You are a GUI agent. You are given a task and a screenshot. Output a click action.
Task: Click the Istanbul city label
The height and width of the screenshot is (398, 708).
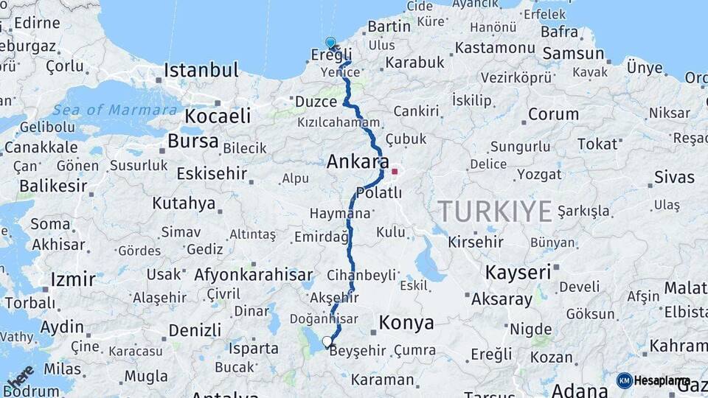coord(201,71)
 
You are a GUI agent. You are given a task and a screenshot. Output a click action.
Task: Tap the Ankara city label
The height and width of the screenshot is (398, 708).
coord(358,161)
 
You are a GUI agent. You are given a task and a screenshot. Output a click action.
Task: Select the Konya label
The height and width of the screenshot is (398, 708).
coord(406,322)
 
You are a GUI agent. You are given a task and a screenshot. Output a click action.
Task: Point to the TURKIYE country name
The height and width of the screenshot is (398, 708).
coord(495,212)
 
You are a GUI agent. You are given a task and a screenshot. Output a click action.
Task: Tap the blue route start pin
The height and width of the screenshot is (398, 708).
coord(330,43)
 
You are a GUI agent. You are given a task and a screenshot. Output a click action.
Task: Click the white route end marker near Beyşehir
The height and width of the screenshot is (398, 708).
coord(327,341)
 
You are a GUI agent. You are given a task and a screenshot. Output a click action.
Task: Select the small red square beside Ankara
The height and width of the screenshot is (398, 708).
coord(395,172)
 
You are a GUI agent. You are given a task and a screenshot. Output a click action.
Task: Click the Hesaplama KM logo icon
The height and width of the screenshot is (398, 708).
coord(624,380)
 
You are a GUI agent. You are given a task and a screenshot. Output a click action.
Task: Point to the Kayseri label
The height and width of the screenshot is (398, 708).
coord(518,272)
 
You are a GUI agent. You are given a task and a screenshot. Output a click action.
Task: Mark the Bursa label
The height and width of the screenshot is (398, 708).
coord(193,141)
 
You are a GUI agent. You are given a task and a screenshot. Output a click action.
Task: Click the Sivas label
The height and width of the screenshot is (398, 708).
coord(674,177)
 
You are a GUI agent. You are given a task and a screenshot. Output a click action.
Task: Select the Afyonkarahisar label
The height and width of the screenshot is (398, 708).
coord(253,275)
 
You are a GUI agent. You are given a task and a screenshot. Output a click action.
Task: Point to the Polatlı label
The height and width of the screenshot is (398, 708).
coord(378,192)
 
